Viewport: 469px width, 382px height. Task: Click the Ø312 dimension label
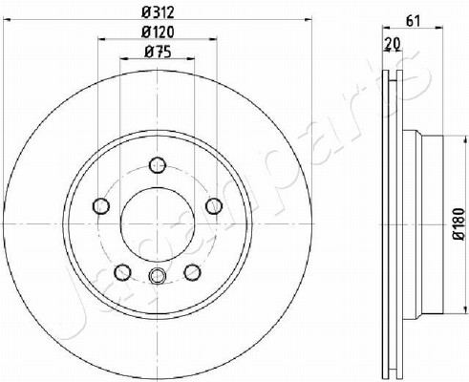tap(158, 12)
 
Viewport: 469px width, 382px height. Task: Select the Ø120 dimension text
tap(158, 32)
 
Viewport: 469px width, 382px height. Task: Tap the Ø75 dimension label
tap(158, 52)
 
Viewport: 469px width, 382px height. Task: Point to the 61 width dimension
tap(413, 21)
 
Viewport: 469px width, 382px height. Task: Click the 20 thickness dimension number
tap(393, 43)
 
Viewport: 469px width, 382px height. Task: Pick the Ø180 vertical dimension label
tap(459, 224)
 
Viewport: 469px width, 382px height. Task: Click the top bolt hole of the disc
tap(158, 165)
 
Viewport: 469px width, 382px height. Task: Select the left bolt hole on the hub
tap(101, 205)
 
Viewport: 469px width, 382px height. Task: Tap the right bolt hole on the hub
tap(214, 205)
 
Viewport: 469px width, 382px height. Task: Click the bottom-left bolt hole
tap(122, 272)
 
